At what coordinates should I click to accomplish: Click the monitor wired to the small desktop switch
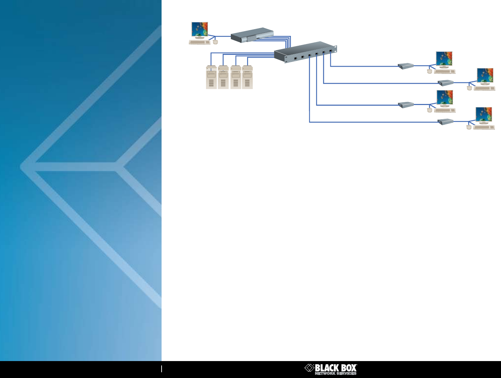tap(200, 29)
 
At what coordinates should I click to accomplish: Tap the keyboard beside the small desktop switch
tap(200, 42)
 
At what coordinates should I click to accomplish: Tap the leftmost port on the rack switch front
tap(295, 58)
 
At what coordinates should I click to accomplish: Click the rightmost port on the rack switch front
tap(330, 51)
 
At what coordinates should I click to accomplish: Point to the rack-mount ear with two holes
tap(335, 49)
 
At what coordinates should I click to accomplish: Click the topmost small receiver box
tap(406, 66)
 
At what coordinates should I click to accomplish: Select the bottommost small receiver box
tap(445, 122)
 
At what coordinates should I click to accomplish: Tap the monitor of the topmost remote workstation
tap(444, 59)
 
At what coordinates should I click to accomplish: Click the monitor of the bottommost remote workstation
tap(484, 115)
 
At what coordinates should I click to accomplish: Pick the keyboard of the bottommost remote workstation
tap(484, 127)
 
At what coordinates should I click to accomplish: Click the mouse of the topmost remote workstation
tap(430, 71)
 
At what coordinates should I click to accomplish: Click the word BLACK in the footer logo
tap(326, 368)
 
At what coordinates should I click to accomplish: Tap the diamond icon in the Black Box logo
tap(309, 368)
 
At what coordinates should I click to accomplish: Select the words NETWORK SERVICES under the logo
tap(335, 373)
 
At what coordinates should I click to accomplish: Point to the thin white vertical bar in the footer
tap(162, 369)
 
